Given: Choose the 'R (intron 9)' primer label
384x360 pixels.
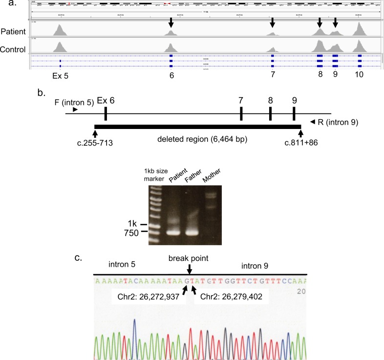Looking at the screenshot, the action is [x=341, y=122].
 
